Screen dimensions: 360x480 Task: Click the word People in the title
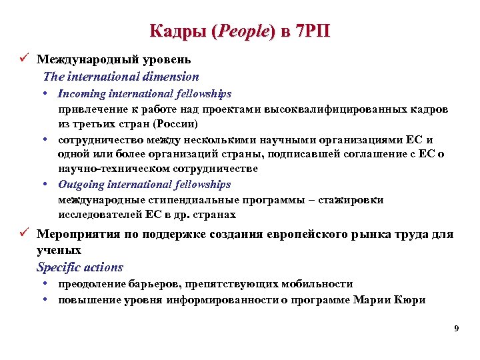coord(242,31)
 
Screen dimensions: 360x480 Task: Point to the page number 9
coord(456,328)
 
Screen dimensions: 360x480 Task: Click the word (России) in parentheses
coord(175,124)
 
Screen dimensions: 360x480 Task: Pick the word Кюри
coord(412,300)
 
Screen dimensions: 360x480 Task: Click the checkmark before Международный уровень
coord(23,60)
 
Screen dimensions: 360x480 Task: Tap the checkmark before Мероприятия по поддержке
coord(23,235)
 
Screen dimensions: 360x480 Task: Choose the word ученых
coord(59,251)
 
